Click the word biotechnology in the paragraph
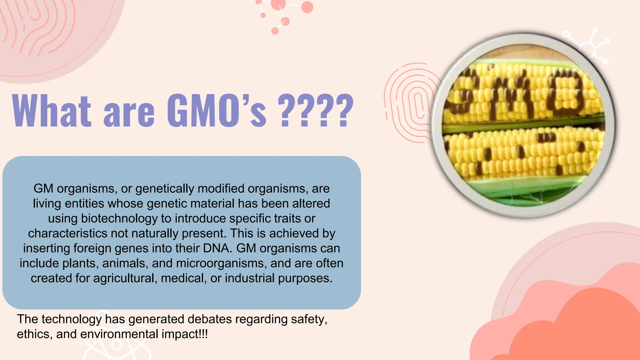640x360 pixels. (x=119, y=218)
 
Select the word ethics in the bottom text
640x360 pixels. (x=34, y=334)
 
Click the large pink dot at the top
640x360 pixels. (x=307, y=7)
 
